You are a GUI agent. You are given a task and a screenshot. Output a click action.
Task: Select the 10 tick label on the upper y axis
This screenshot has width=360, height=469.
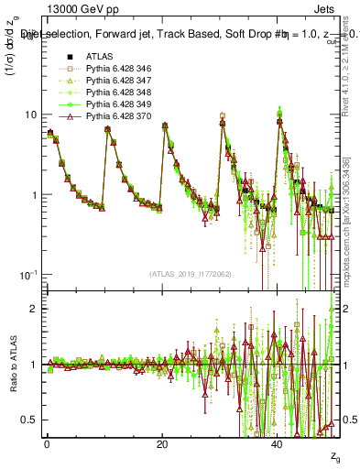coord(30,115)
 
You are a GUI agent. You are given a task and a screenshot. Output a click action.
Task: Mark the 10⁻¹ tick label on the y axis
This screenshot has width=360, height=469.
coord(27,276)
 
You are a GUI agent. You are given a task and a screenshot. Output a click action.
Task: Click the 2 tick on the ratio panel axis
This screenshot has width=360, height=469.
coord(34,309)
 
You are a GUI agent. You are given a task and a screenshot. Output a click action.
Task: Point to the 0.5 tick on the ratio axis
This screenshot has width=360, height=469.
coord(30,420)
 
